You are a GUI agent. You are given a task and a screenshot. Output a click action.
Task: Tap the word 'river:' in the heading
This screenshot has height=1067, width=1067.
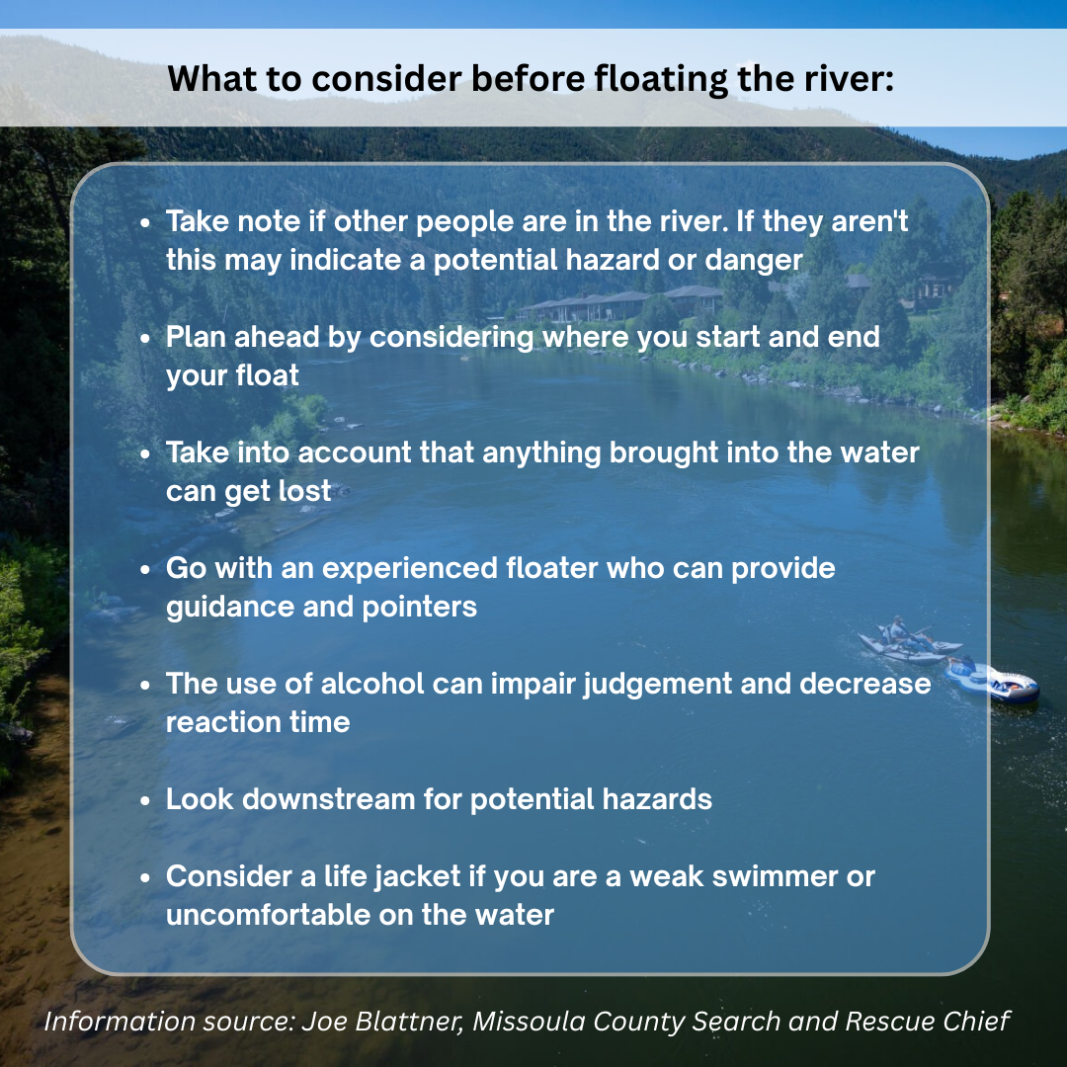click(x=849, y=78)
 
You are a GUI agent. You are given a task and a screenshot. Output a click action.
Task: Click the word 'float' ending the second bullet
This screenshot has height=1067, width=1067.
click(x=267, y=375)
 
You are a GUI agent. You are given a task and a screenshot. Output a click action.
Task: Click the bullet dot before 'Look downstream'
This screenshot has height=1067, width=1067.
click(x=145, y=799)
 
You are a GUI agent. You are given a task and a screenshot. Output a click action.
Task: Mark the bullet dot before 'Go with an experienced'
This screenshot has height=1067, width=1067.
click(x=145, y=569)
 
